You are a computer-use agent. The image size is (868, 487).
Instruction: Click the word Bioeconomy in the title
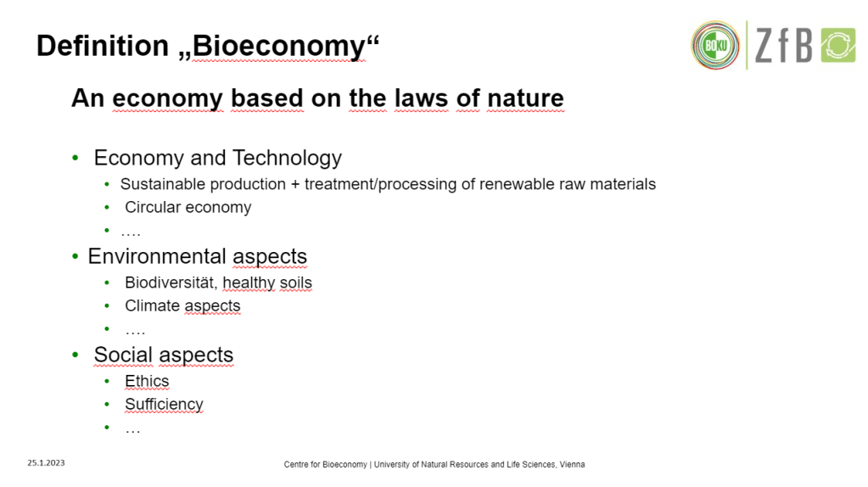278,47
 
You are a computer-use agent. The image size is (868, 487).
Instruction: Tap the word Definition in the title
103,45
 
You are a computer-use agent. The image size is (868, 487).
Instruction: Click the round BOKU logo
715,45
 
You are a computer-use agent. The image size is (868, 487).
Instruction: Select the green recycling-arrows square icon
838,45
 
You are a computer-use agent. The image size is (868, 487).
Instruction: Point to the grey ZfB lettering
784,45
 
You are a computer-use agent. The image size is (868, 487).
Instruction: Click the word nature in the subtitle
525,98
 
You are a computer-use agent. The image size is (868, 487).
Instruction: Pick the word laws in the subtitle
421,98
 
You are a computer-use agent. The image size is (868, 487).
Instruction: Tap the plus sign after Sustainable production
295,184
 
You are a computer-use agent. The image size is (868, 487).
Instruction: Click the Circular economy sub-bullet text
188,207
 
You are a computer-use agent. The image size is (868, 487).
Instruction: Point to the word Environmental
157,256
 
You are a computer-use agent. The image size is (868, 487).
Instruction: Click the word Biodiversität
171,283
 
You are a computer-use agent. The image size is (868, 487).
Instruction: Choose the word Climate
152,305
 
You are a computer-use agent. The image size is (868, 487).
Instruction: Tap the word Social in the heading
123,355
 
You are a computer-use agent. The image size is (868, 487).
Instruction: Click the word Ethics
147,381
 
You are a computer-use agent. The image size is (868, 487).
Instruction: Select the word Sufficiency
164,405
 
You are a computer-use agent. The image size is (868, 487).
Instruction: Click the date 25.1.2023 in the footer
46,462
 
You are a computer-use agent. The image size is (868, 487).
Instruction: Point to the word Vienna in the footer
572,464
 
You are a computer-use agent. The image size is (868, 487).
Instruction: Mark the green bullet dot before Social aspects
76,355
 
